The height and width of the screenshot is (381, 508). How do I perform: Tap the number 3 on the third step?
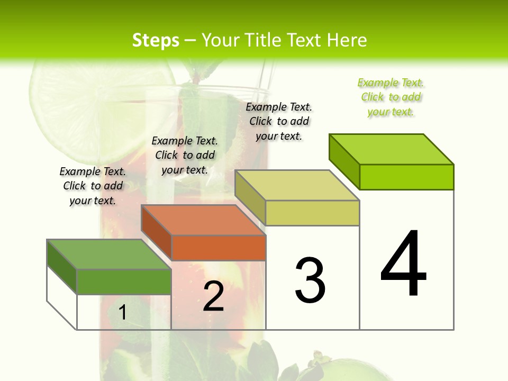[x=310, y=280]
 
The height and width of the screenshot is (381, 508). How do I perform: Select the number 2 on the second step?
[x=213, y=296]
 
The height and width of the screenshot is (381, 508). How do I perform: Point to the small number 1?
[x=122, y=313]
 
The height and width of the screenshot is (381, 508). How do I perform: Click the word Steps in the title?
[x=156, y=40]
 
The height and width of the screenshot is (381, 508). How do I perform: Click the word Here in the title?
[x=347, y=40]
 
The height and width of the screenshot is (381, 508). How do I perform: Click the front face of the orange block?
[x=219, y=248]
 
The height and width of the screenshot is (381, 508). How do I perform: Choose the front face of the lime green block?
[x=406, y=177]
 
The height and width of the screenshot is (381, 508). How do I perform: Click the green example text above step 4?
[x=391, y=97]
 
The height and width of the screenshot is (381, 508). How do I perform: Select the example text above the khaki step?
[x=279, y=121]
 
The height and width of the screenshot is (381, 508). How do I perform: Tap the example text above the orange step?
[x=185, y=155]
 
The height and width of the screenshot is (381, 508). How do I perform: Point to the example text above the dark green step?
[x=93, y=186]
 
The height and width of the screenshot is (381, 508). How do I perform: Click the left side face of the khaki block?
[x=250, y=197]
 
